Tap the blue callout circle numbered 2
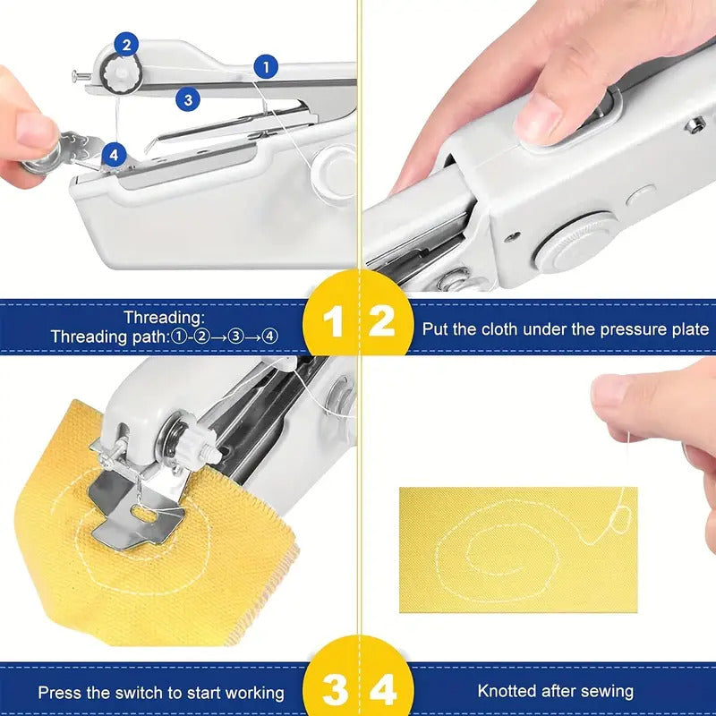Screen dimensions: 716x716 tap(126, 43)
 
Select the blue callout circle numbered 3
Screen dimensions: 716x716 tap(187, 99)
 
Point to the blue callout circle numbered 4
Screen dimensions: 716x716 tap(113, 155)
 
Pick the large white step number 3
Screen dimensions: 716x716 tap(334, 691)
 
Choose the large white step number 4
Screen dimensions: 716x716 tap(383, 691)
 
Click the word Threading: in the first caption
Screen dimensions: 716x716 tap(164, 318)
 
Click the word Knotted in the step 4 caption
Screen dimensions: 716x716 tap(507, 691)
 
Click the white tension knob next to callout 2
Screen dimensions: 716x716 tap(117, 73)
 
